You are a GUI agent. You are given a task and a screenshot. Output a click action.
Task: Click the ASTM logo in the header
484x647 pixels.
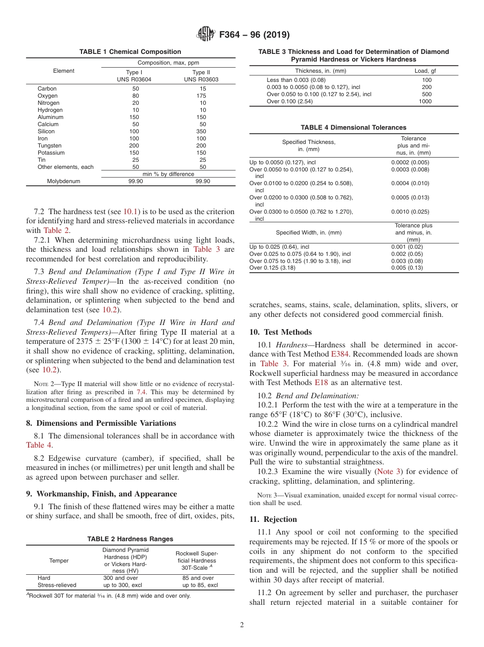pyautogui.click(x=206, y=35)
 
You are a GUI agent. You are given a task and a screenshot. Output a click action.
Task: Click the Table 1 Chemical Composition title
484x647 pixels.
pyautogui.click(x=130, y=52)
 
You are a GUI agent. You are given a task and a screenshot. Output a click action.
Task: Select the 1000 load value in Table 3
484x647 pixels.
pyautogui.click(x=425, y=101)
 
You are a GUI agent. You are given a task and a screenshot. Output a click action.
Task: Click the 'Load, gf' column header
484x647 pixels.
pyautogui.click(x=425, y=71)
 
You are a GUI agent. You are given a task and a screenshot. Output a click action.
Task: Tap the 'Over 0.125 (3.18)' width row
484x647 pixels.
pyautogui.click(x=272, y=268)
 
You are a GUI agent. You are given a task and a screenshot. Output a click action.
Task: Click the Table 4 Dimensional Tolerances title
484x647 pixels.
pyautogui.click(x=354, y=128)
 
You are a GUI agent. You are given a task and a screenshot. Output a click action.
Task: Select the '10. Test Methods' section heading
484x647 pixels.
pyautogui.click(x=280, y=332)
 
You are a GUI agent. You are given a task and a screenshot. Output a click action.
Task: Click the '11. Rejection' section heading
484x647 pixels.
pyautogui.click(x=273, y=519)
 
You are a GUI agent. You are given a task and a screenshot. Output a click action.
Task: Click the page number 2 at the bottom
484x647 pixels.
pyautogui.click(x=242, y=625)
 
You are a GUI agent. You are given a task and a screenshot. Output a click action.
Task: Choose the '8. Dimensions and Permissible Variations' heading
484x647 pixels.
pyautogui.click(x=101, y=423)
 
